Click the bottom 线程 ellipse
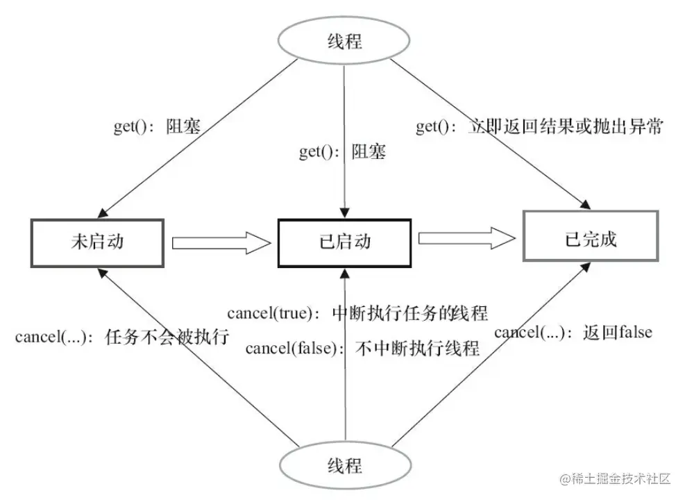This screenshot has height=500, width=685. coord(344,464)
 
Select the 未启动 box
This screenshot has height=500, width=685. coord(96,242)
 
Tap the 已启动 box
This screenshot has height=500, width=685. coord(344,242)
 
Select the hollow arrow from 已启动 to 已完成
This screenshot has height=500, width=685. coord(467,239)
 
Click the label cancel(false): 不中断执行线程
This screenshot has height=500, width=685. coord(362,347)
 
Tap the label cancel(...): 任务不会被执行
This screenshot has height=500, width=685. coord(121,337)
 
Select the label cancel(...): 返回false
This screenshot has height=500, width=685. coord(573,332)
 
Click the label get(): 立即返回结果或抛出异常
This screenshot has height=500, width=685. coord(539,126)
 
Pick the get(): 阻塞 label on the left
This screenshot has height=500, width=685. coord(157,127)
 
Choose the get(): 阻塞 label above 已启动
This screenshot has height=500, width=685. coord(342,152)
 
